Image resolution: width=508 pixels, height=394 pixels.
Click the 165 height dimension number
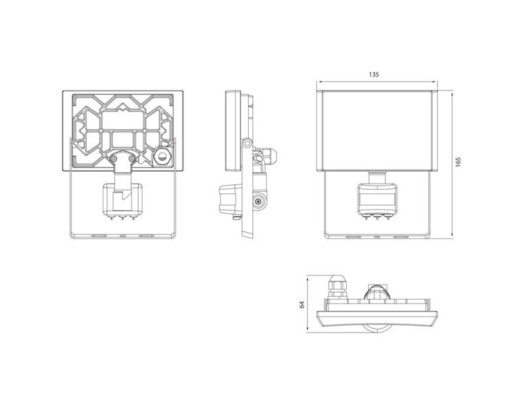[458, 161]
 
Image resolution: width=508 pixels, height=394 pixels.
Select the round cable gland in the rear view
[163, 156]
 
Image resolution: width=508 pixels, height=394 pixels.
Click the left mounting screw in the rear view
[113, 159]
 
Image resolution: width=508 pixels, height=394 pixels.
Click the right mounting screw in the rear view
[132, 159]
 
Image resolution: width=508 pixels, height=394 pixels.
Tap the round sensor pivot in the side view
[258, 202]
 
